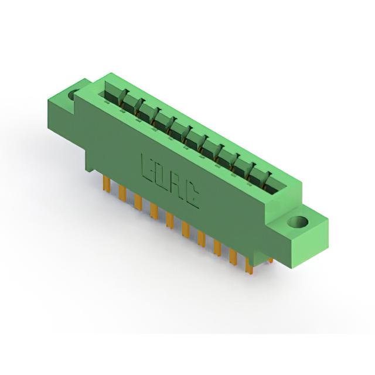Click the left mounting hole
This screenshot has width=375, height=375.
[73, 95]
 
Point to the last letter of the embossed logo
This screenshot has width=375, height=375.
[193, 196]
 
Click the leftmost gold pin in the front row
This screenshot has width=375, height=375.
[107, 183]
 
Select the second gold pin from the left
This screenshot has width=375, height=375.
[122, 193]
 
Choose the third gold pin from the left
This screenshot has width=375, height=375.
[138, 202]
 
